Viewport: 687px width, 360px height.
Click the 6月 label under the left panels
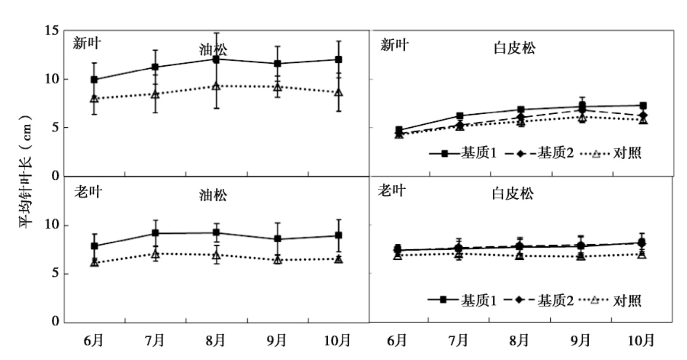[94, 341]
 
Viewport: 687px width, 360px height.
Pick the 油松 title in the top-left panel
[213, 50]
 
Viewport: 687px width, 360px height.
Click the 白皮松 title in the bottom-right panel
[513, 195]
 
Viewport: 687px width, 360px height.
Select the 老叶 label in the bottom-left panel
[88, 192]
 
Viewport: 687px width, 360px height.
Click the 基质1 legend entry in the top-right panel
[484, 154]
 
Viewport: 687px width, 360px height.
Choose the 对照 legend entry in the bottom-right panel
[627, 300]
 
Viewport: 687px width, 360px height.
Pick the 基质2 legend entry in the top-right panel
[556, 154]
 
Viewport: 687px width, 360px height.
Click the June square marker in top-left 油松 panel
[94, 79]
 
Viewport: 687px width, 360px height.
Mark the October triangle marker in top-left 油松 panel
[339, 92]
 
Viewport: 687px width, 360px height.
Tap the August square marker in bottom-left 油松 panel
[216, 232]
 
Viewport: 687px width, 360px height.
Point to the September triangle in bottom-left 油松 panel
[277, 260]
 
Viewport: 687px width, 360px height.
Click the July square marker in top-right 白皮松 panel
[459, 116]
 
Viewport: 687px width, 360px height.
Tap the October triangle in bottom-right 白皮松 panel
[642, 254]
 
